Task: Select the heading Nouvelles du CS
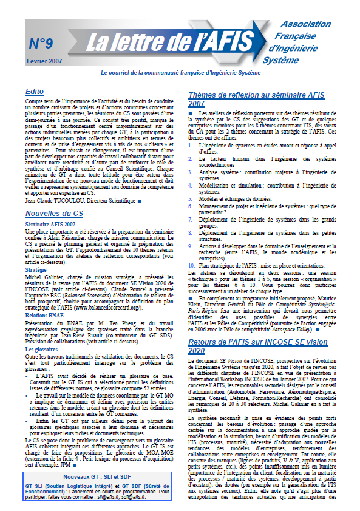[54, 214]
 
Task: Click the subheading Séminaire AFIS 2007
[50, 224]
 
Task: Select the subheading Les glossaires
[42, 350]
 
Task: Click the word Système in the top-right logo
[280, 60]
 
